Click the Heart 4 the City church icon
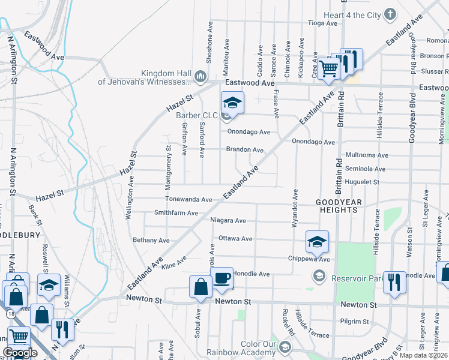coord(390,14)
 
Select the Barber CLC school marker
coord(232,103)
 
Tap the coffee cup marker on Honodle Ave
coord(221,278)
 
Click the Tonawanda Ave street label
coord(189,199)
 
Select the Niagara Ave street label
coord(229,220)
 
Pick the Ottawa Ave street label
coord(235,238)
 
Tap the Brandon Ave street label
coord(245,149)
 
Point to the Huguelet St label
coord(362,182)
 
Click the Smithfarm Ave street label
coord(176,212)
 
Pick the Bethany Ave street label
coord(151,240)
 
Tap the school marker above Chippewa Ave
coord(317,242)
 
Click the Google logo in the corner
coord(20,353)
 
